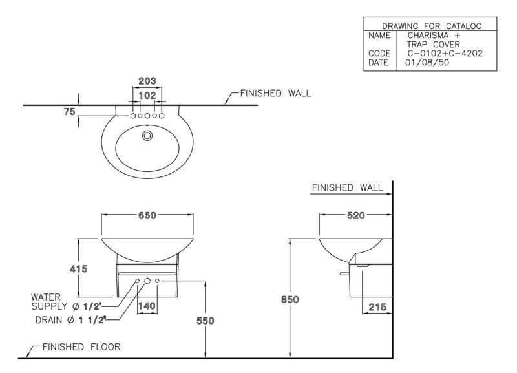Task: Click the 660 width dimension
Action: (x=147, y=215)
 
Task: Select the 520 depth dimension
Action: (x=356, y=215)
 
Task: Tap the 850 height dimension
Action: (x=290, y=299)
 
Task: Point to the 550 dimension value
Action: (x=205, y=321)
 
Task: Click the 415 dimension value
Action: (x=78, y=269)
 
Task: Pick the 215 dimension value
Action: (x=377, y=307)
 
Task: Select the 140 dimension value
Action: (x=147, y=306)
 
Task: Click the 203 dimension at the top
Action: (x=147, y=81)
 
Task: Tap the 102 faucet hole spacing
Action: (x=147, y=95)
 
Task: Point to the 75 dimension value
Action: (x=70, y=112)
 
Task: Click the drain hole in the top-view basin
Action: (x=147, y=135)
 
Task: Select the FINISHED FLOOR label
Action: (x=81, y=347)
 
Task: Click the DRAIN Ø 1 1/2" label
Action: (x=70, y=320)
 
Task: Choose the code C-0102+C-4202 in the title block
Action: (x=445, y=54)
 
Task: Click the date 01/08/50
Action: (x=427, y=62)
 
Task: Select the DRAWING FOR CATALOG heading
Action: (x=432, y=26)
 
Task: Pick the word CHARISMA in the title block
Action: (x=428, y=36)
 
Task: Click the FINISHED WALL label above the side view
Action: (x=347, y=187)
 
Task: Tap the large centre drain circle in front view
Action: (x=147, y=281)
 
